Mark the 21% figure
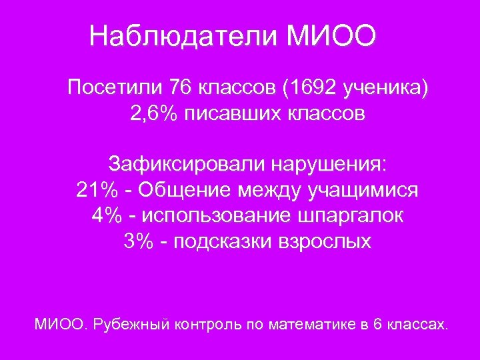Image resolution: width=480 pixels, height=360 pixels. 96,190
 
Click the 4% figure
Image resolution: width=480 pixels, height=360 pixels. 106,216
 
